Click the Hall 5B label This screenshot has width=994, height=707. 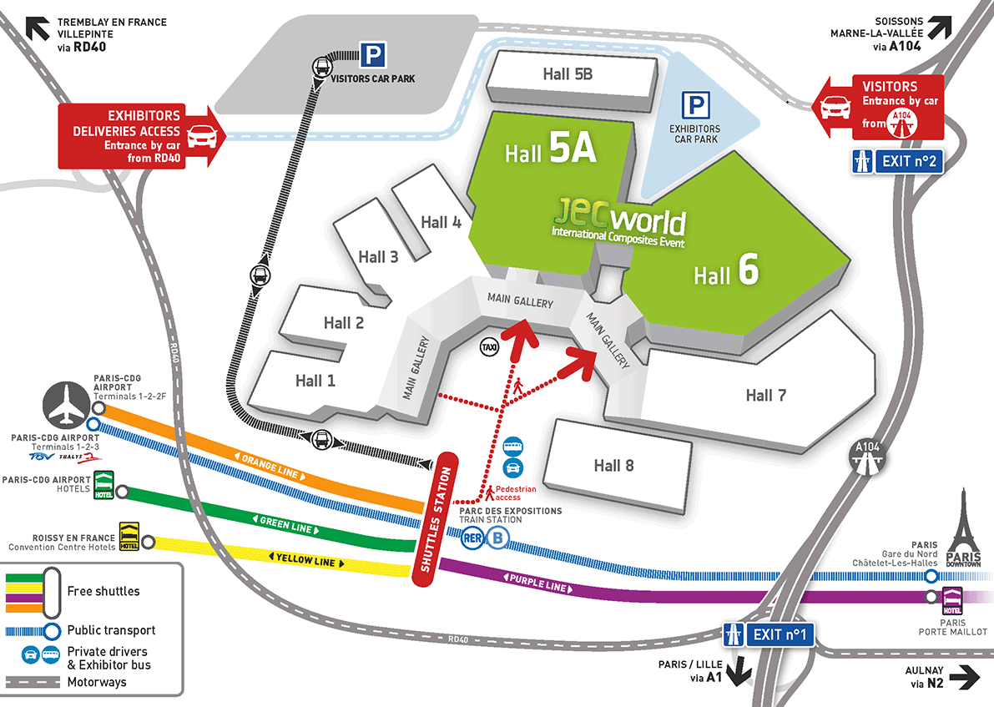coord(568,73)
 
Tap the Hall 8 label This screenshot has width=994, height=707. coord(613,465)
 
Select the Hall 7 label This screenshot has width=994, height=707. coord(765,395)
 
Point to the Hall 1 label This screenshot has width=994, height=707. coord(315,381)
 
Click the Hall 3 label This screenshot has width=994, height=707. coord(378,256)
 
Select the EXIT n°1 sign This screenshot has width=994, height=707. coord(769,634)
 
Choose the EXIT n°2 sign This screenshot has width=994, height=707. coord(897,160)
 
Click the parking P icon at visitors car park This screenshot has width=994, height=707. coord(372,56)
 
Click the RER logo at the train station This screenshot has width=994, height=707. coord(472,538)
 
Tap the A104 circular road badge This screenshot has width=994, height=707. coord(864,454)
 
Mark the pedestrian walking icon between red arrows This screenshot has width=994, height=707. coord(518,385)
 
